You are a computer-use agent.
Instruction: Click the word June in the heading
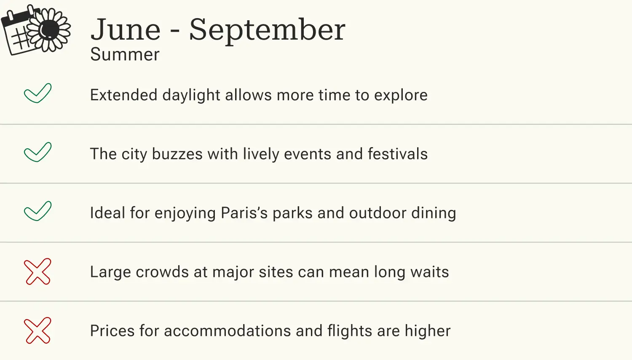click(x=126, y=30)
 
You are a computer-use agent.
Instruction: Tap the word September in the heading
click(x=267, y=30)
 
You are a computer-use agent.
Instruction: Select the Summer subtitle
click(x=125, y=55)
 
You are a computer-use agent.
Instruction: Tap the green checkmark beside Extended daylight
click(x=37, y=93)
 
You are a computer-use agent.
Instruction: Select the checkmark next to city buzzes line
click(x=37, y=152)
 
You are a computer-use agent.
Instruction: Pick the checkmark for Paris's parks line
click(x=37, y=211)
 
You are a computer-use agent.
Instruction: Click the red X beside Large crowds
click(x=37, y=271)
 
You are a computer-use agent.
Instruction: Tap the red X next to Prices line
click(x=37, y=330)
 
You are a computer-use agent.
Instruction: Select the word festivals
click(x=398, y=154)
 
